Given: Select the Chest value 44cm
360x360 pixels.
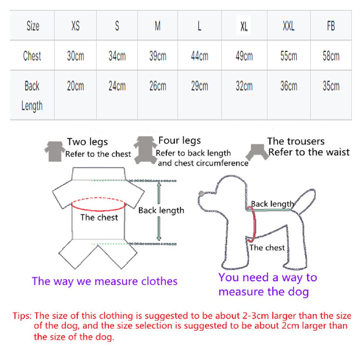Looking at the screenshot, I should coord(199,56).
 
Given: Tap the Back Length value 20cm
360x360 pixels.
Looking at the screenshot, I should coord(76,86).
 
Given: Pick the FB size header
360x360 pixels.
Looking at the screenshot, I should coord(331,26).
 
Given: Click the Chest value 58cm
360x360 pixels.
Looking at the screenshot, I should coord(331,56).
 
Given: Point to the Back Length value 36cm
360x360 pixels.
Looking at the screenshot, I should coord(288,86).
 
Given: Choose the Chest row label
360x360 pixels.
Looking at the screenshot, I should coord(32,56).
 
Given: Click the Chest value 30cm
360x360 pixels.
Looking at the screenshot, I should coord(76,56).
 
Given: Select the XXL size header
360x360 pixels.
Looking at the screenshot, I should coord(288,26).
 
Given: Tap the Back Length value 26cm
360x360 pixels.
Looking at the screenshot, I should coord(157,86).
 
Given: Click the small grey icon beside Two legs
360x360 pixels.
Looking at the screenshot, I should coord(54,150).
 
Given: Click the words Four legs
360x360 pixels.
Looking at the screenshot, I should coord(180,141).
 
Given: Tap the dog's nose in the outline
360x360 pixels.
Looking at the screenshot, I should coord(202,194).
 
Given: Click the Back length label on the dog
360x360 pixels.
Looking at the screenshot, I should coord(272,204).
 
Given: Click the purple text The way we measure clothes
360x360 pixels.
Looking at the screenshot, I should coord(104,282).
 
